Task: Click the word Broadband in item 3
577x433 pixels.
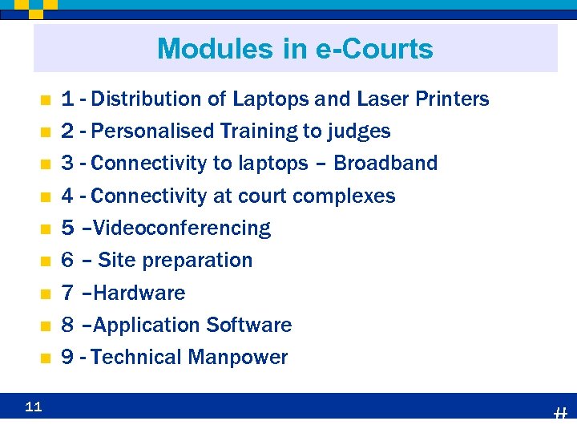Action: coord(385,164)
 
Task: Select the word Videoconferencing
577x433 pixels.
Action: coord(182,229)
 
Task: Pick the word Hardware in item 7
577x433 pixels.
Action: coord(139,293)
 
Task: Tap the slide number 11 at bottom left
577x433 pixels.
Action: coord(33,407)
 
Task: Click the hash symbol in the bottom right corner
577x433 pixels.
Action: coord(560,414)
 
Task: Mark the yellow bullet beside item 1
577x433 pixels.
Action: coord(46,100)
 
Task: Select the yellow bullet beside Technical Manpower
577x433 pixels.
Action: coord(46,358)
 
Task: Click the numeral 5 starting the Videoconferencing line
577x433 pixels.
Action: coord(68,229)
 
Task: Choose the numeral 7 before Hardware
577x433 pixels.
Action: coord(68,293)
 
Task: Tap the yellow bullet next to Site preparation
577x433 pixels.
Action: coord(46,261)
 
